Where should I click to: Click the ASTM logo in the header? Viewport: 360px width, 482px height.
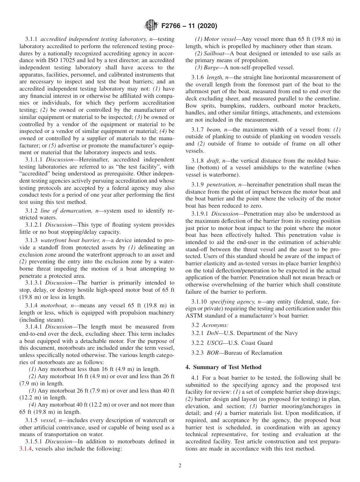(152, 26)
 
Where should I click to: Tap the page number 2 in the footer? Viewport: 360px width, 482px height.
(180, 466)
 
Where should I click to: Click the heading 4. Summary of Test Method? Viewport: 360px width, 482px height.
(223, 367)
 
